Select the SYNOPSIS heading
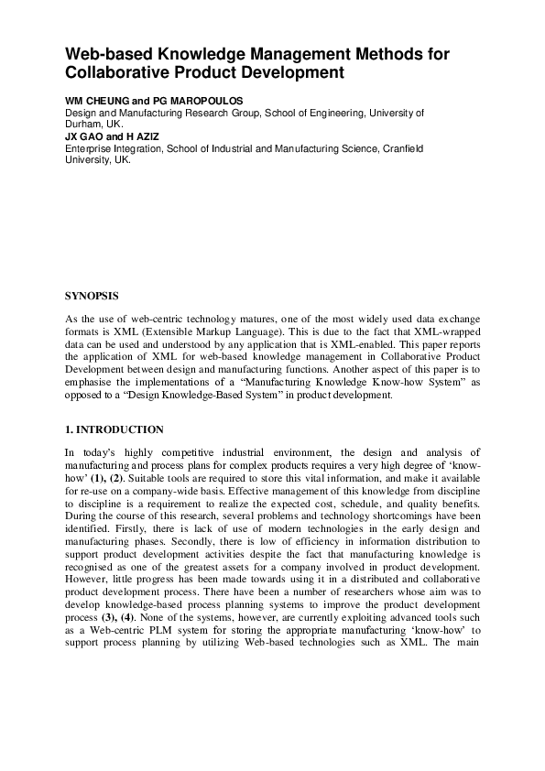coord(91,298)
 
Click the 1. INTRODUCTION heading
coord(114,429)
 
